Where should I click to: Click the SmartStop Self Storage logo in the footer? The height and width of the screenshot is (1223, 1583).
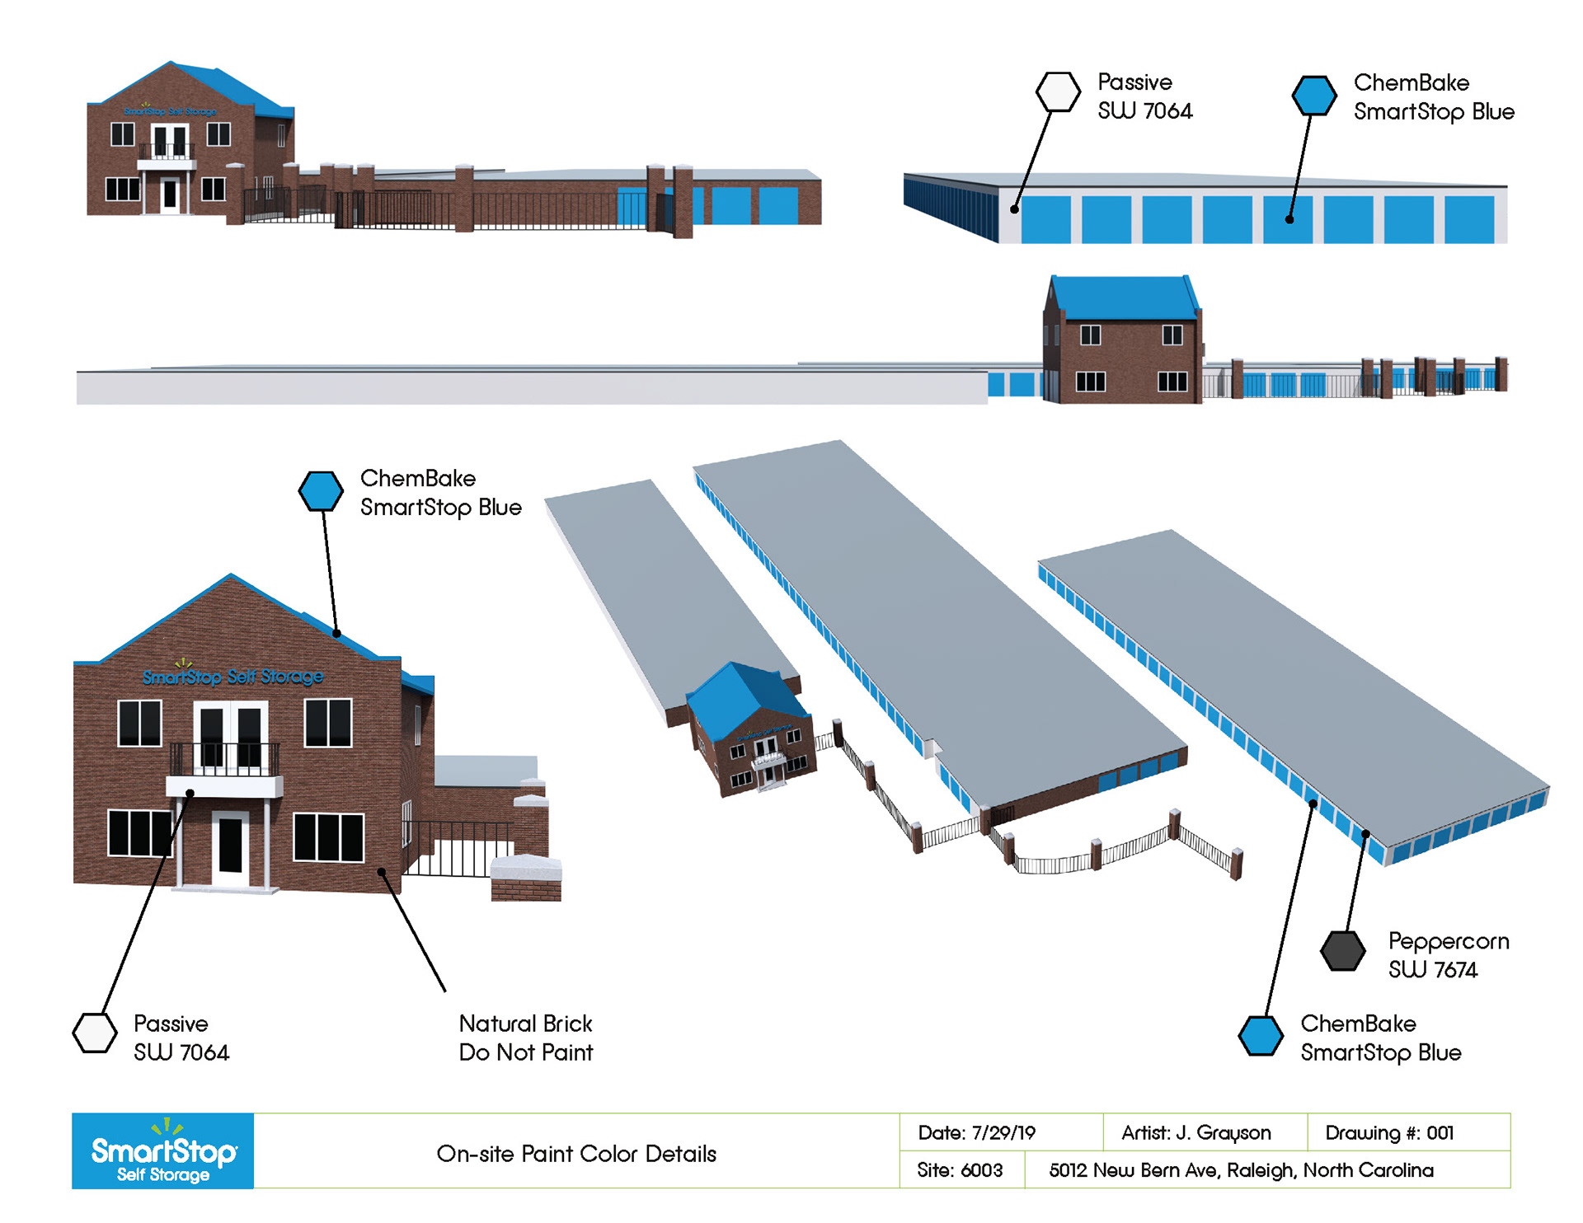tap(162, 1150)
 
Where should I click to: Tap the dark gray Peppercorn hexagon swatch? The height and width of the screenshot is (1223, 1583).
tap(1342, 951)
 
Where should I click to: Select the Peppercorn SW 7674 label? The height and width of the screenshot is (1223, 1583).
tap(1448, 955)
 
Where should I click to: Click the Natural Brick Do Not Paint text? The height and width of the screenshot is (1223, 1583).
tap(525, 1038)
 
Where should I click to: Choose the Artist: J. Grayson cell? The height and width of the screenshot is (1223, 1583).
tap(1195, 1132)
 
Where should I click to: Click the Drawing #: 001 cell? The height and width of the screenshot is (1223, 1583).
tap(1389, 1132)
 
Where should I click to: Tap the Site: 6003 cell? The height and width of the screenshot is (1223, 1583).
tap(960, 1170)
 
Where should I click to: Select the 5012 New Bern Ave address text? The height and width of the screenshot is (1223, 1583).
tap(1241, 1170)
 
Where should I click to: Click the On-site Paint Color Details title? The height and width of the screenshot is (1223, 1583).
tap(576, 1153)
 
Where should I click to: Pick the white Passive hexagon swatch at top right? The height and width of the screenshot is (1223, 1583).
tap(1058, 91)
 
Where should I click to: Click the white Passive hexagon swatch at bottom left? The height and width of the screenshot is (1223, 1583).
tap(95, 1033)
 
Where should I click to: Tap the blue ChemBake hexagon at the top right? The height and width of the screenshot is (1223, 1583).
tap(1314, 96)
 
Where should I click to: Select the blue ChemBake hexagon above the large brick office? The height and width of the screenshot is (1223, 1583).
tap(321, 491)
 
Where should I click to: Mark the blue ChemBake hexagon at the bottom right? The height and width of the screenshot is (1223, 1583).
tap(1261, 1035)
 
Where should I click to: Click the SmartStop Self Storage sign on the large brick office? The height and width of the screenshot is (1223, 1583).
tap(233, 677)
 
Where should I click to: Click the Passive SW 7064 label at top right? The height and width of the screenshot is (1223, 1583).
tap(1144, 96)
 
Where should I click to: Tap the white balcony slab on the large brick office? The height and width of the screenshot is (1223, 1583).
tap(224, 786)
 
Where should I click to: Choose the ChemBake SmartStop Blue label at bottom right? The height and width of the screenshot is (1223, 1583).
tap(1380, 1038)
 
